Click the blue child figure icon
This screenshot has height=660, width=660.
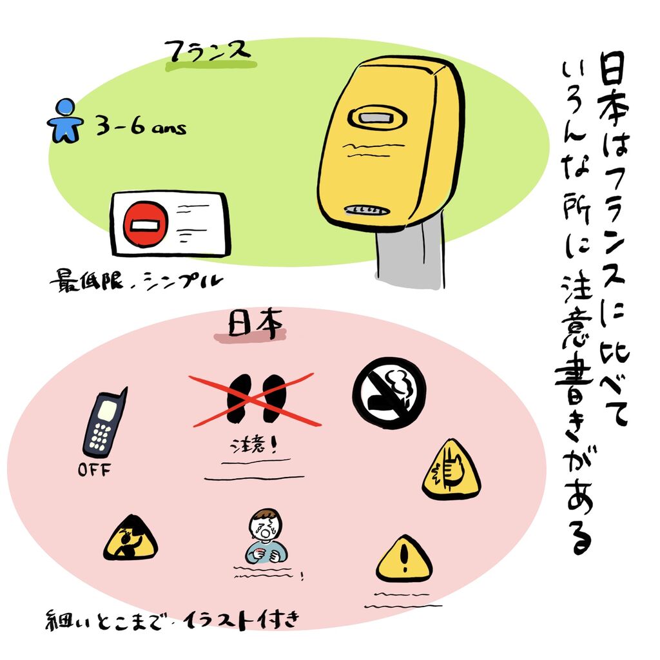point(65,121)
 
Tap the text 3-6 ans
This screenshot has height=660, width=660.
point(141,127)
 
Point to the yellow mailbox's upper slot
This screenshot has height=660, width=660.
point(376,119)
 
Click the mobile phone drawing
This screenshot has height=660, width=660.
point(104,423)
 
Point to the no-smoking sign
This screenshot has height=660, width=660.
point(389,393)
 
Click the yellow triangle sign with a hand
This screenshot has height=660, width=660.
point(451,471)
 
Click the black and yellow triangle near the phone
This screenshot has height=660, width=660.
point(130,538)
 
